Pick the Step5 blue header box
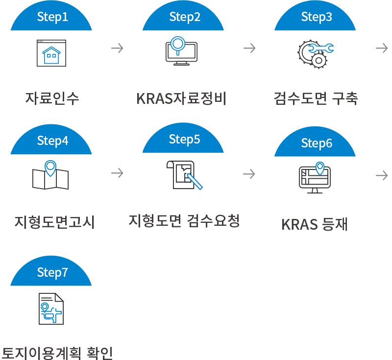click(x=182, y=138)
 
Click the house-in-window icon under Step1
click(x=51, y=53)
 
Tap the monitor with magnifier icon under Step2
click(x=181, y=51)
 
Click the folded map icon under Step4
click(x=50, y=175)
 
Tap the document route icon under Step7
click(x=51, y=309)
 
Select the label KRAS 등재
click(x=315, y=224)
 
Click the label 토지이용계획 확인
click(x=57, y=353)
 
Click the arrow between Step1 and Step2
click(x=117, y=48)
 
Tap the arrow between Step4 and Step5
click(x=117, y=172)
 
